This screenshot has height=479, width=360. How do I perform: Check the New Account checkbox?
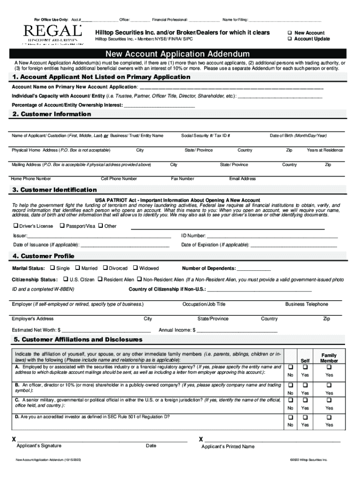point(290,33)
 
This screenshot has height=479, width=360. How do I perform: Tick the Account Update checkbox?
point(290,39)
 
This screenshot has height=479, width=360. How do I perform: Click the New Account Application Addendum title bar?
point(180,54)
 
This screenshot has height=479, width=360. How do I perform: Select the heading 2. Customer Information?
point(52,114)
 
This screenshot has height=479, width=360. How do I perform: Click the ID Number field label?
point(193,236)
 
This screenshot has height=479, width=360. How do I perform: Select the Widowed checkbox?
point(135,268)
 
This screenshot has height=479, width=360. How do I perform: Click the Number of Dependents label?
point(209,269)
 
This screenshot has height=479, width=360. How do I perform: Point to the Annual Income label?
point(177,330)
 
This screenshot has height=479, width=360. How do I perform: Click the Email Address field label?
point(242,179)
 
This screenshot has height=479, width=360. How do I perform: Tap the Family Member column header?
point(329,358)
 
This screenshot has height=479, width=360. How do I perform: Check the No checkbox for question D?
point(290,417)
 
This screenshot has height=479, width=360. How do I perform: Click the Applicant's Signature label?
point(38,446)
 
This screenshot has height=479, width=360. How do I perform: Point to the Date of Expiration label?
point(215,245)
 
